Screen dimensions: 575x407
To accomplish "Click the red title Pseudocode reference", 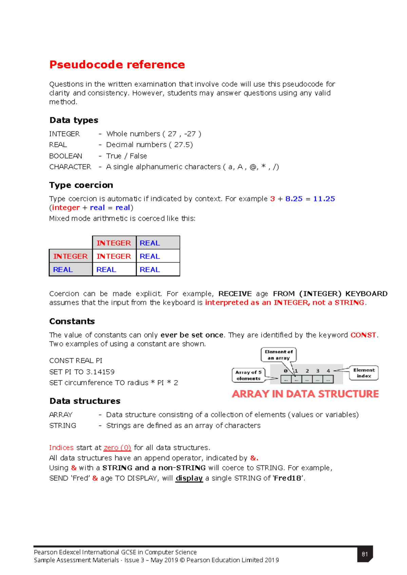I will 117,64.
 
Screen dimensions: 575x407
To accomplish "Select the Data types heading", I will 74,120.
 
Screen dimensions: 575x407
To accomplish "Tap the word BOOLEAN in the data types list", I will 65,156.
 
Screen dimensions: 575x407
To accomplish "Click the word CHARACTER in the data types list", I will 70,167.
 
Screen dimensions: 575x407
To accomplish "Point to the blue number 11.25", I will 324,199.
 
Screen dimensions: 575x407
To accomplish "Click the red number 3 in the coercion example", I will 272,199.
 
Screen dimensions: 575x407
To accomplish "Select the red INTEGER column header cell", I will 114,243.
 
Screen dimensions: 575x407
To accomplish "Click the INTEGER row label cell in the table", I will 71,256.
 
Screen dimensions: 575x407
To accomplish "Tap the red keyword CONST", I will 363,335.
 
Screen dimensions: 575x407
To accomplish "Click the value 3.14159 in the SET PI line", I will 100,372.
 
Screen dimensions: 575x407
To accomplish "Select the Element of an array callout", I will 278,355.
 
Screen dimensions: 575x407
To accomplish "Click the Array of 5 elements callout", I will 248,375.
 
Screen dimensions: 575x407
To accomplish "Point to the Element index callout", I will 364,373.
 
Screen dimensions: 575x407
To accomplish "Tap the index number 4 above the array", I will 328,371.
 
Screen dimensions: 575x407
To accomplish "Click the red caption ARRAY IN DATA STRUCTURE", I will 305,394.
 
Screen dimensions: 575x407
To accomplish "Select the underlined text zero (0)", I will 117,448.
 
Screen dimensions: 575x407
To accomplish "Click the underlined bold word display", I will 189,478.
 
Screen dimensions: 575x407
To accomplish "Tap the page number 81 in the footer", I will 365,554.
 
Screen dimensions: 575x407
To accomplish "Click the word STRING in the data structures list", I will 63,425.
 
